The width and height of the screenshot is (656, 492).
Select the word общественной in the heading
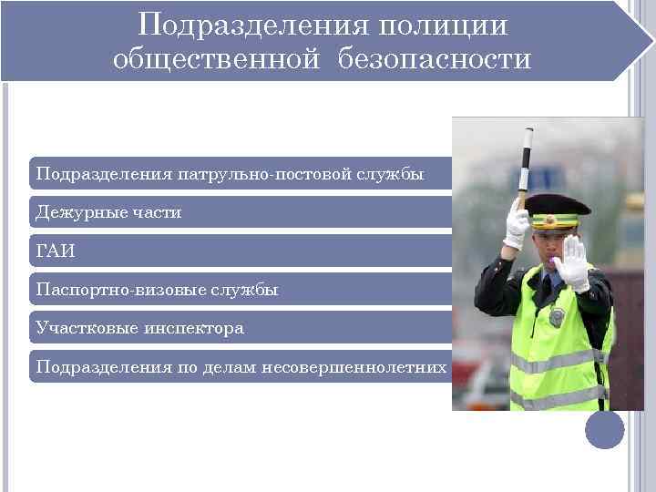pos(217,60)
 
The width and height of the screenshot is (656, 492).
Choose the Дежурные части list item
pos(108,212)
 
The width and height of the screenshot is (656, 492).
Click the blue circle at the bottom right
pos(604,430)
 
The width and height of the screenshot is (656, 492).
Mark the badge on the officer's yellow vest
pos(558,316)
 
